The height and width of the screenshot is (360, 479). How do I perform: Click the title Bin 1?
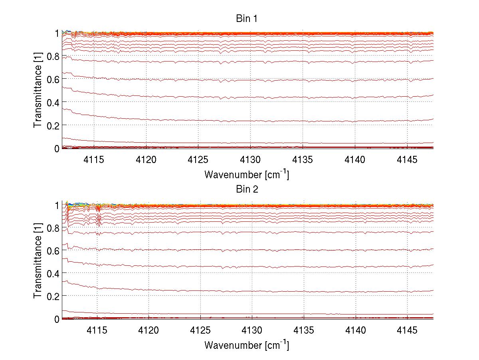coord(246,18)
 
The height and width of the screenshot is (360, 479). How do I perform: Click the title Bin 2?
coord(246,189)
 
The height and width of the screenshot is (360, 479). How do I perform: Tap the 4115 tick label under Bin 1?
coord(95,160)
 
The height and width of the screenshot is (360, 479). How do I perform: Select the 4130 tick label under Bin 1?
coord(251,160)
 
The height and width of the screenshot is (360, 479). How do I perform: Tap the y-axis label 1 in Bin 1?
coord(57,33)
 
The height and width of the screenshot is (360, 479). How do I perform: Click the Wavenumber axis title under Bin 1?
coord(246,174)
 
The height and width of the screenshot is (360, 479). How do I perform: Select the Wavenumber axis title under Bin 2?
coord(246,345)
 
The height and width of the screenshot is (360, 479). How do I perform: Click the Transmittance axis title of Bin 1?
coord(38,91)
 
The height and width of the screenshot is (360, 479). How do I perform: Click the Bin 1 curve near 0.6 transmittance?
coord(279,80)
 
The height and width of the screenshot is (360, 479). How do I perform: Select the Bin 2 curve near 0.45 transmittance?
coord(279,267)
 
